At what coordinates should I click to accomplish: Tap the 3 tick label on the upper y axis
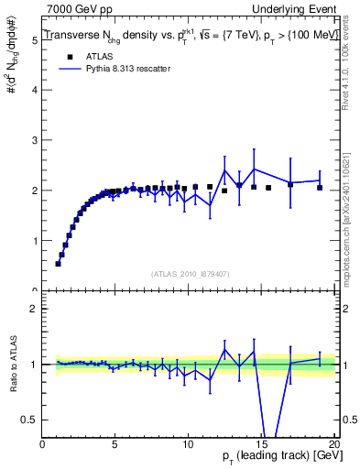pos(34,141)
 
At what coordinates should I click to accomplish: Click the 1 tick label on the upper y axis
pos(34,241)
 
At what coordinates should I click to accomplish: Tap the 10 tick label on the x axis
pos(188,444)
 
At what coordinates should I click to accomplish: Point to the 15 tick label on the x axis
pos(261,444)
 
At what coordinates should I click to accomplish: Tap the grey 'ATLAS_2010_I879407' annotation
pos(190,273)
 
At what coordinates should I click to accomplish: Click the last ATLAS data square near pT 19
pos(320,188)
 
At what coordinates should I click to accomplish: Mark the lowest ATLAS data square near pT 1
pos(58,264)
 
